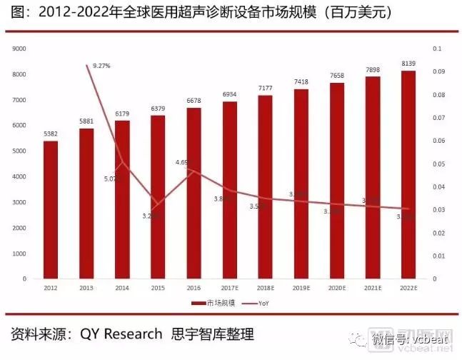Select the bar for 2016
click(x=194, y=193)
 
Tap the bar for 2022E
click(x=408, y=174)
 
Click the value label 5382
click(x=51, y=134)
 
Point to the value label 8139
click(x=408, y=63)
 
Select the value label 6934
click(x=229, y=94)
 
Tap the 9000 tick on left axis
click(x=20, y=49)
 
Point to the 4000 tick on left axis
click(x=20, y=176)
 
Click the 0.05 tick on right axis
click(x=438, y=164)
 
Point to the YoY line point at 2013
click(x=86, y=65)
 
